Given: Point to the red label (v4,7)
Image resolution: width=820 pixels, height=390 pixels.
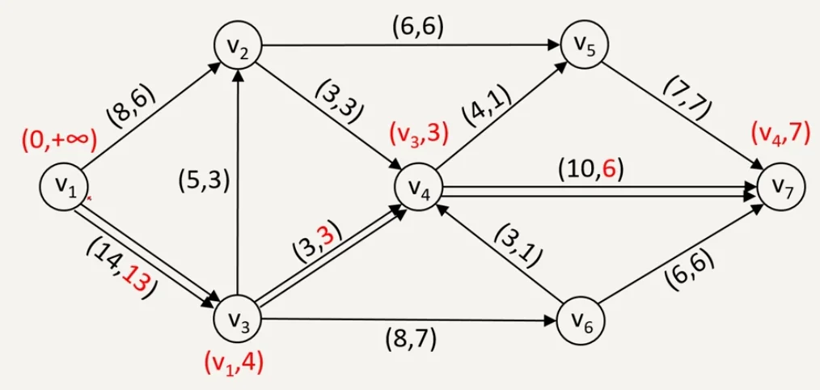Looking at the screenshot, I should click(x=780, y=133).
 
